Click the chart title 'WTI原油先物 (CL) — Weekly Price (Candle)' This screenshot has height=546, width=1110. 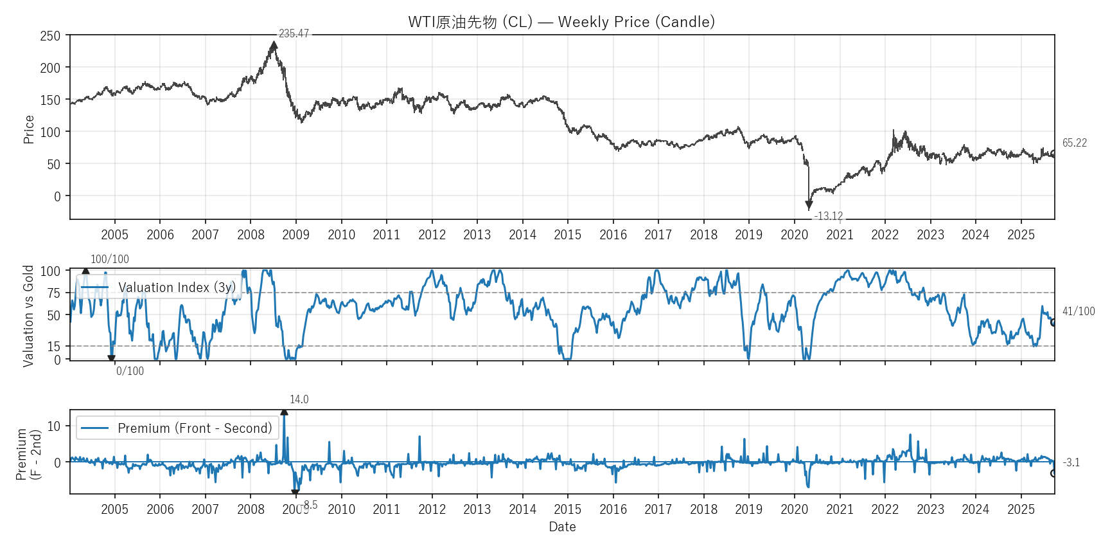coord(561,22)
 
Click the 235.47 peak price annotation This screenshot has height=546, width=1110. coord(294,33)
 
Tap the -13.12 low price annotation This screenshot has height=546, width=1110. coord(828,216)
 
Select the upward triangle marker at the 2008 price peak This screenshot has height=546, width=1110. coord(274,46)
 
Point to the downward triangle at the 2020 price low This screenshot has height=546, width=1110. coord(809,205)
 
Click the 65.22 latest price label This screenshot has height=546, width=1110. coord(1074,143)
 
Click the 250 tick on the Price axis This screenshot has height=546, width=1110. coord(50,36)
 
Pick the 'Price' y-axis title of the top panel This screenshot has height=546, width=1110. coord(28,129)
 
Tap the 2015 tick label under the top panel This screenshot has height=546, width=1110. coord(567,235)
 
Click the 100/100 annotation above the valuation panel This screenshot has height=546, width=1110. coord(109,259)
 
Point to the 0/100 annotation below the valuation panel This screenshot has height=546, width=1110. coord(130,371)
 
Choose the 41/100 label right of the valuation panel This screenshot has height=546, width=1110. coord(1078,311)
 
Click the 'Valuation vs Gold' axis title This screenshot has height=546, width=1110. coord(28,316)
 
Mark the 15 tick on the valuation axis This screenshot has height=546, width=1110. coord(53,347)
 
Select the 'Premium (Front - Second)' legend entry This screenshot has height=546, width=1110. coord(194,428)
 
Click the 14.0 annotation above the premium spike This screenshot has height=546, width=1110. coord(299,399)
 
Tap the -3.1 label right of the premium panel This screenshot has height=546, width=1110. coord(1071,462)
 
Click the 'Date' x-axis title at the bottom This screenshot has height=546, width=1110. coord(562,527)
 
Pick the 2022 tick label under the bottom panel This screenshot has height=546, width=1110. coord(885,509)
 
